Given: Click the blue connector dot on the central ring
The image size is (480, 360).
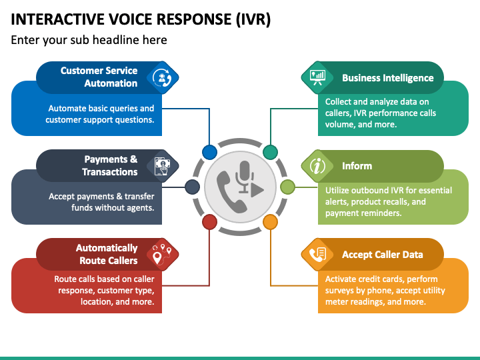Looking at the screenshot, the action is [210, 152].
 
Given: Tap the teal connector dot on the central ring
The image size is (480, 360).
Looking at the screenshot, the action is [270, 152].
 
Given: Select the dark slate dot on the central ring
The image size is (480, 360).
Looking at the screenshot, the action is [193, 187].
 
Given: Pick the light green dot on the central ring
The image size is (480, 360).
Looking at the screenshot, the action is [287, 187].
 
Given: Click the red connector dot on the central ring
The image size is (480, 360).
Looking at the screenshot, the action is [210, 222].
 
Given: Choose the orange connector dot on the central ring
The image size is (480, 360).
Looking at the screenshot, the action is [270, 222].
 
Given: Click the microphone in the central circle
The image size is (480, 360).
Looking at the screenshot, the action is [244, 177].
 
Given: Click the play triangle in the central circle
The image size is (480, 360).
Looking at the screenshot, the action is [257, 190].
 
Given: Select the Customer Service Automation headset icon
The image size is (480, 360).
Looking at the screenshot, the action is [162, 77].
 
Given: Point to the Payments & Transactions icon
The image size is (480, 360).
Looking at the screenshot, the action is [162, 166].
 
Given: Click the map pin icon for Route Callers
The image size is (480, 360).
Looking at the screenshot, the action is [162, 255].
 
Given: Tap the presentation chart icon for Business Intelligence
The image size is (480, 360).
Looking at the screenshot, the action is [317, 77].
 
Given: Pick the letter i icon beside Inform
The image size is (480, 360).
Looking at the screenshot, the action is [317, 166].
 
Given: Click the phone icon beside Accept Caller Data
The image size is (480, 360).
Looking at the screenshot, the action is [317, 255].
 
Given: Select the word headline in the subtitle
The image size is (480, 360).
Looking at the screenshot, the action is [115, 40].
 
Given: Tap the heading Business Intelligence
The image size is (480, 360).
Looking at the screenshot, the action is [387, 78].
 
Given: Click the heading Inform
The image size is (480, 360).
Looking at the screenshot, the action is [357, 166].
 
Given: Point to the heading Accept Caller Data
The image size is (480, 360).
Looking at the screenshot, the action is [383, 255].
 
